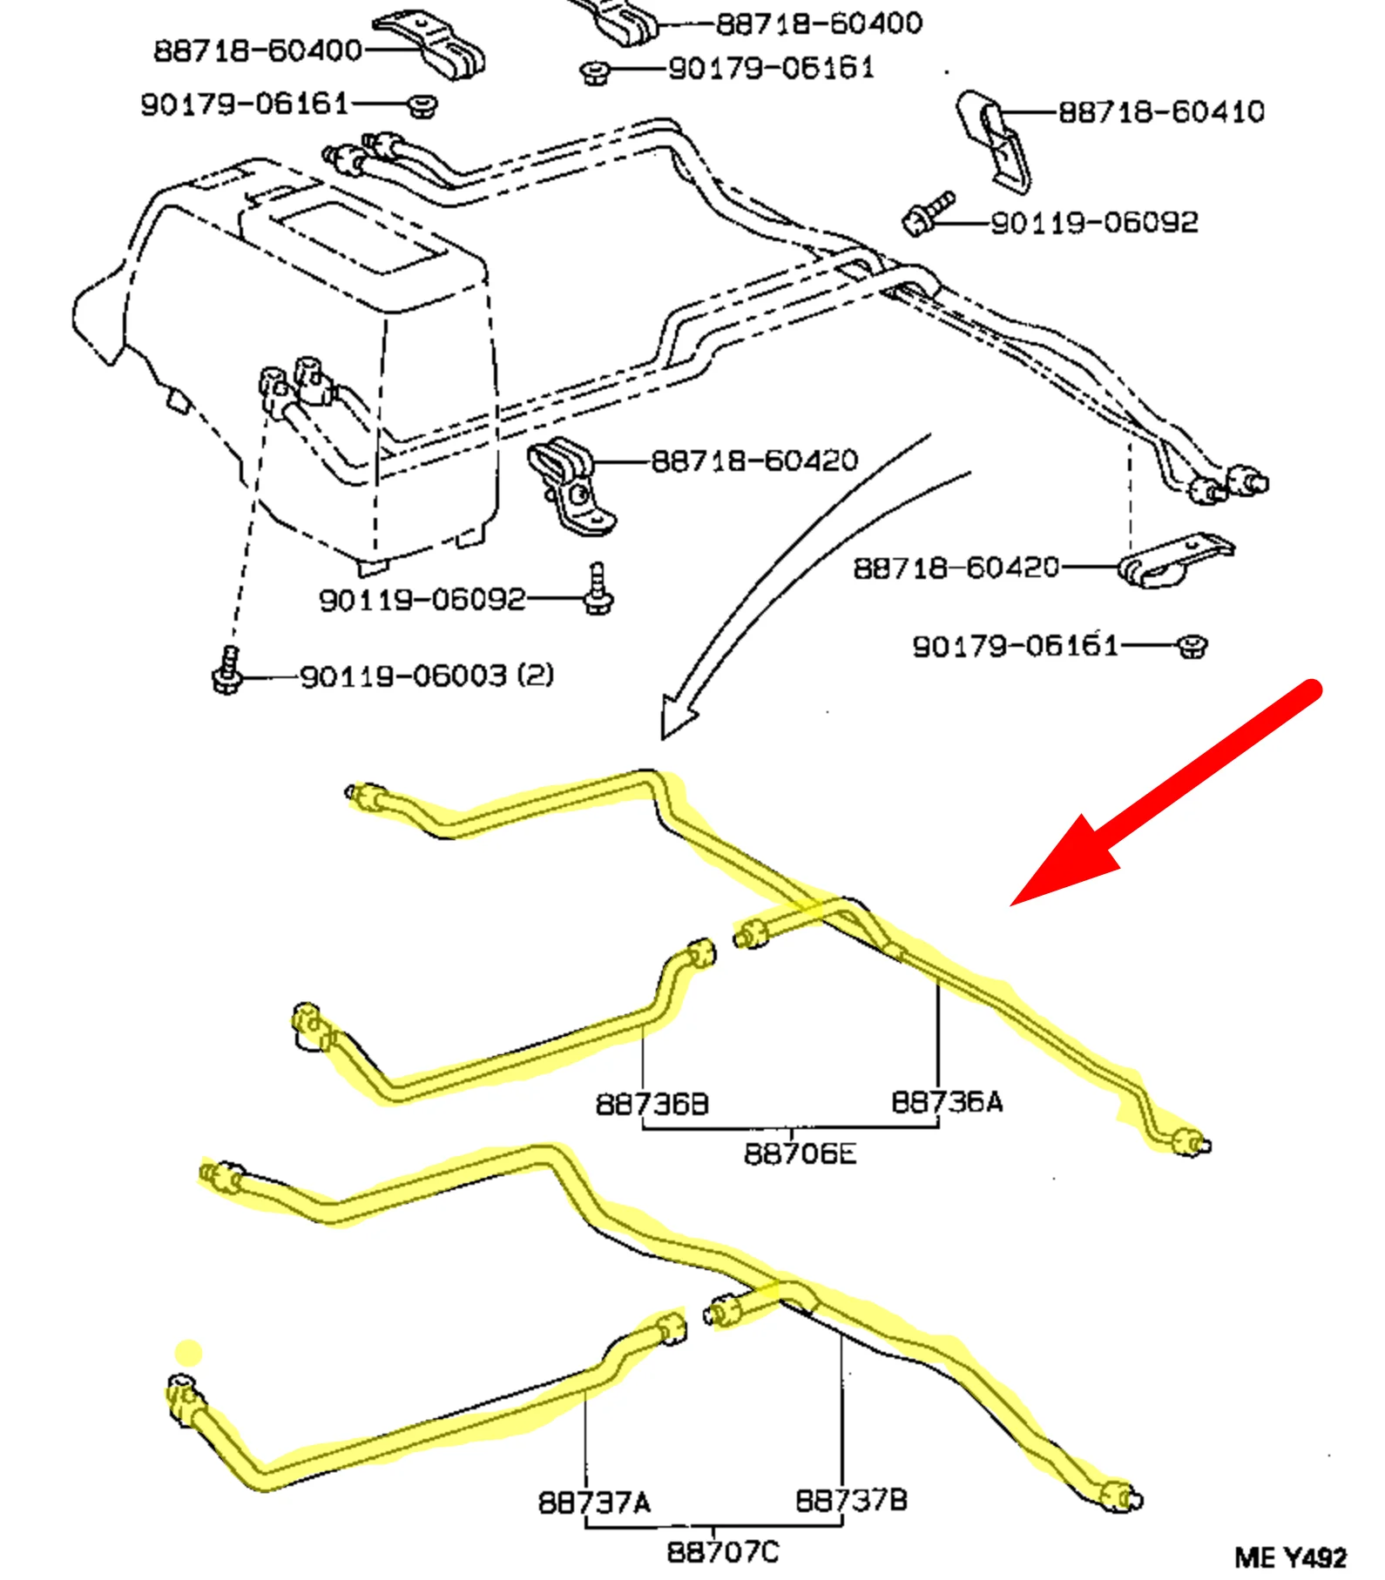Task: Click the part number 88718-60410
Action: click(x=1160, y=112)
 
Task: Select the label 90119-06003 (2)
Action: click(x=427, y=676)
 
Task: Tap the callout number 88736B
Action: click(x=652, y=1104)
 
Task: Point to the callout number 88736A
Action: click(x=946, y=1102)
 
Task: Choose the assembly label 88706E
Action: click(x=800, y=1153)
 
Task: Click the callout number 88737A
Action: click(x=594, y=1502)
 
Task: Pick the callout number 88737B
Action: click(x=851, y=1500)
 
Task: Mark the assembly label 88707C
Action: click(x=723, y=1551)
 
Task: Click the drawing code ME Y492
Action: click(x=1290, y=1556)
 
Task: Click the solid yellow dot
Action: click(x=189, y=1353)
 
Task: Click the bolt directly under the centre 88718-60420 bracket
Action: click(x=598, y=590)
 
